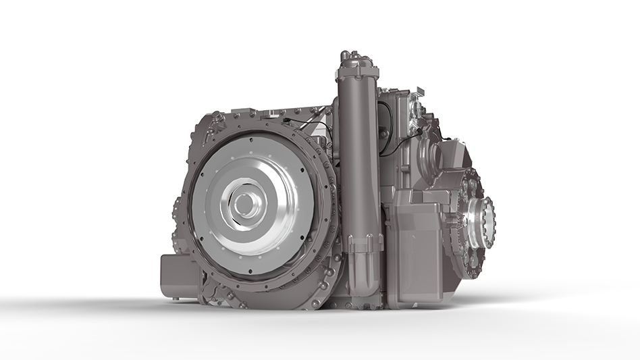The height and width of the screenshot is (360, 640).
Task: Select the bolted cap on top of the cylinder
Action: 358,63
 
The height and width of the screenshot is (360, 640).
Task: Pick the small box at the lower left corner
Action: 177,277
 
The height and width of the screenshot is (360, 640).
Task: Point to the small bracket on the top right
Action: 419,91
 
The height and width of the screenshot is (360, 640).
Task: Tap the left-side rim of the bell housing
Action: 186,203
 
